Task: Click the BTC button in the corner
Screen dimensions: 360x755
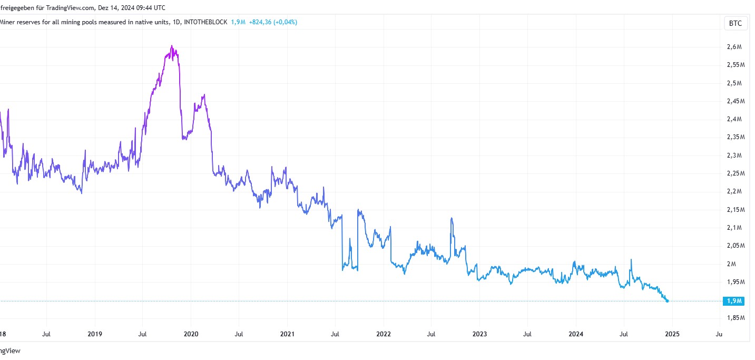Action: point(735,23)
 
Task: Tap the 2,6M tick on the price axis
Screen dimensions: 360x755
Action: point(734,47)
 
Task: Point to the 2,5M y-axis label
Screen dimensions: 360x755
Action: point(734,83)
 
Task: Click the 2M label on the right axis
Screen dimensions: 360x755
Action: point(732,264)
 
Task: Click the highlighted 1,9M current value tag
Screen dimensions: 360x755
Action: point(734,301)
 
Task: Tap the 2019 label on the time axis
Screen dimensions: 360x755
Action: point(95,334)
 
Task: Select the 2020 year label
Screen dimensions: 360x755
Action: point(191,334)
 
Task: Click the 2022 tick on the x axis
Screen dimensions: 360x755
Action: point(383,334)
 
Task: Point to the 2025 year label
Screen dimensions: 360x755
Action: point(672,334)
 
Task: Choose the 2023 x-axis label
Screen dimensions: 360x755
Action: point(479,334)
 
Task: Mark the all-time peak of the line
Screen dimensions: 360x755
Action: point(172,46)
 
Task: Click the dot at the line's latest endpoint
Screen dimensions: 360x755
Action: point(668,301)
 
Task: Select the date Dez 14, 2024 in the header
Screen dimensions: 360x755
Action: point(113,8)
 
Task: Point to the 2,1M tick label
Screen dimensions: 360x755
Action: point(734,228)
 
